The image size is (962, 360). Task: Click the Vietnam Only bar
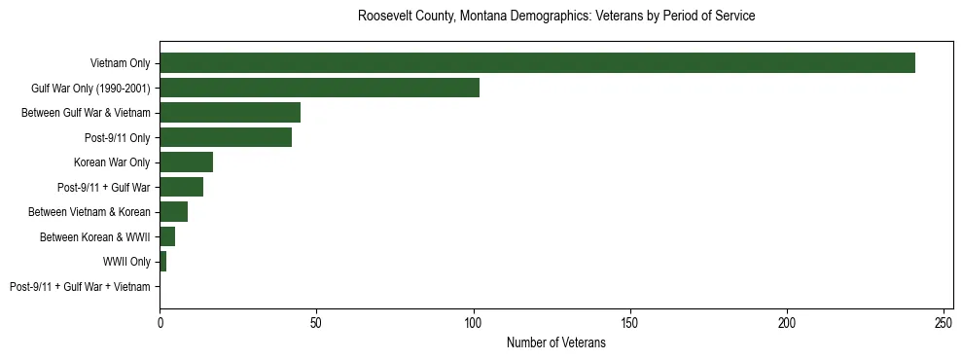coord(537,63)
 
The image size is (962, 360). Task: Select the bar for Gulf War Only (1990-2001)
coord(319,88)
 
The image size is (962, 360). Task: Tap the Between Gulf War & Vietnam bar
coord(230,113)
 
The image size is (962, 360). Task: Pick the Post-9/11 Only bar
coord(226,137)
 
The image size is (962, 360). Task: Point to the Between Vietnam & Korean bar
coord(173,212)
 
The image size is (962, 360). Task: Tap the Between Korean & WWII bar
coord(167,236)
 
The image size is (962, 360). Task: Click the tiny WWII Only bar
coord(162,262)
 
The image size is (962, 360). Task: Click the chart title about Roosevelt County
coord(556,17)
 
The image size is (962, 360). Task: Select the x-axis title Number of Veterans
coord(556,342)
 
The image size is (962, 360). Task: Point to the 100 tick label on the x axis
coord(474,323)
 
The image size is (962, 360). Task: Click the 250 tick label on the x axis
coord(944,323)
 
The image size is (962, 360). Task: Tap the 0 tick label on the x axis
coord(160,323)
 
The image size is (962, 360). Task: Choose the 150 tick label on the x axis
coord(630,323)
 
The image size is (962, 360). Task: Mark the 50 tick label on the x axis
coord(316,323)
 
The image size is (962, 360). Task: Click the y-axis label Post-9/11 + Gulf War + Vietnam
coord(80,287)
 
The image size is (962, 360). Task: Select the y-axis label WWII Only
coord(126,262)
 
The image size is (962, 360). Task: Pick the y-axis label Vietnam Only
coord(120,63)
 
